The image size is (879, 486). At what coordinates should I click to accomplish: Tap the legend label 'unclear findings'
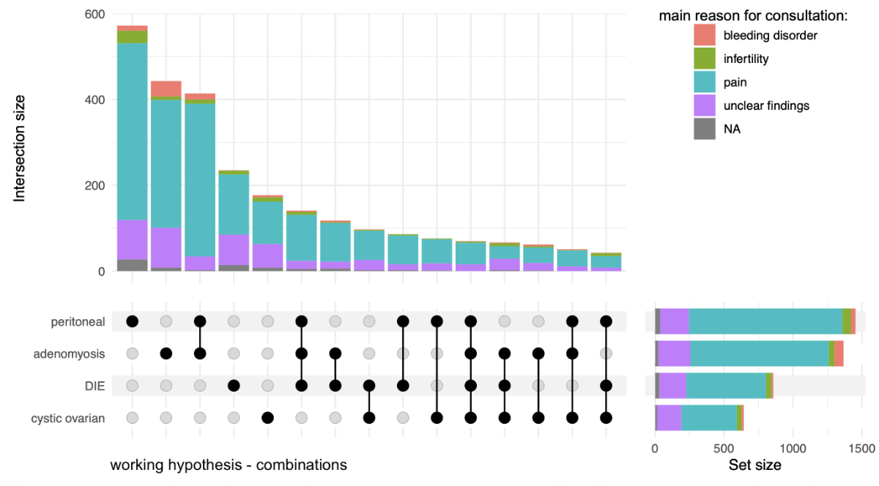766,105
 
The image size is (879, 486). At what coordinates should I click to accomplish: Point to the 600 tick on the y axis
95,14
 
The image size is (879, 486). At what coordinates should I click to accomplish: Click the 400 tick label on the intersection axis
95,100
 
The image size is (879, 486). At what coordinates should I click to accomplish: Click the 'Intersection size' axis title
20,147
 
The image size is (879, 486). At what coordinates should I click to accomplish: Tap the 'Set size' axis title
754,465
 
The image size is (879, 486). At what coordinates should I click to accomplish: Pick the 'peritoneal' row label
78,321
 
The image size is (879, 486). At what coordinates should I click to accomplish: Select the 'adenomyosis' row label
69,354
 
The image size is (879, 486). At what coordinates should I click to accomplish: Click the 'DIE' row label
94,386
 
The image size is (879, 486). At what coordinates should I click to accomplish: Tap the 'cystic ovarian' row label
68,418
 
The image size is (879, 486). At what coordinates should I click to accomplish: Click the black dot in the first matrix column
133,321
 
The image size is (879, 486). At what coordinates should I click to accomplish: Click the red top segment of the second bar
166,89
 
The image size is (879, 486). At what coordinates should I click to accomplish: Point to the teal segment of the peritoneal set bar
765,321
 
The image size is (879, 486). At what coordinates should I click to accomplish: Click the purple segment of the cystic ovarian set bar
670,418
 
